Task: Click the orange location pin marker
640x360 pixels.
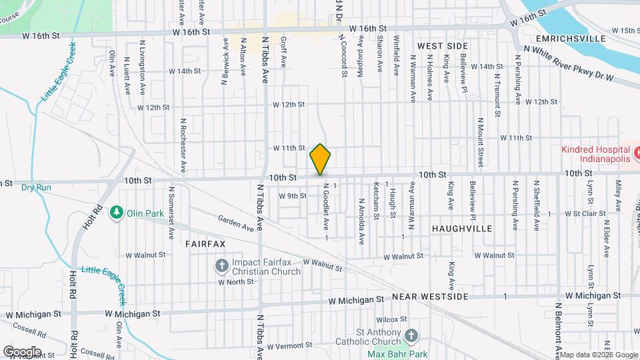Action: coord(320,159)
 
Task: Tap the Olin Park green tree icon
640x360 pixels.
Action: coord(117,211)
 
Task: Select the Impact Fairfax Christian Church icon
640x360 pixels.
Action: coord(222,266)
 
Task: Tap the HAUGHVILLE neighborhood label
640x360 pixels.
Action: coord(461,228)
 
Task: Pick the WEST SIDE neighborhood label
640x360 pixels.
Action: coord(443,45)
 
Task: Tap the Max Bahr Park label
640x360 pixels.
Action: coord(397,354)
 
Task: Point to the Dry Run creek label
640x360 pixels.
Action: coord(36,187)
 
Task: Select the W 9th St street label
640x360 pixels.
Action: coord(292,196)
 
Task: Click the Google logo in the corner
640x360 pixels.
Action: coord(22,351)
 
